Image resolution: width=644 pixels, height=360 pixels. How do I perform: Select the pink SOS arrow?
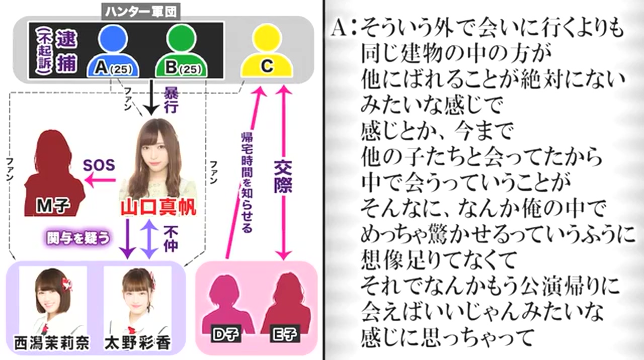[x=101, y=181]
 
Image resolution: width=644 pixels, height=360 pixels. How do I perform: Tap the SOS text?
[x=99, y=164]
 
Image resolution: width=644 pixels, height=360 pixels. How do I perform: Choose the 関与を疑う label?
[x=78, y=238]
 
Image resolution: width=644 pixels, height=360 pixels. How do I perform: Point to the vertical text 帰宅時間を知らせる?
[x=247, y=181]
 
